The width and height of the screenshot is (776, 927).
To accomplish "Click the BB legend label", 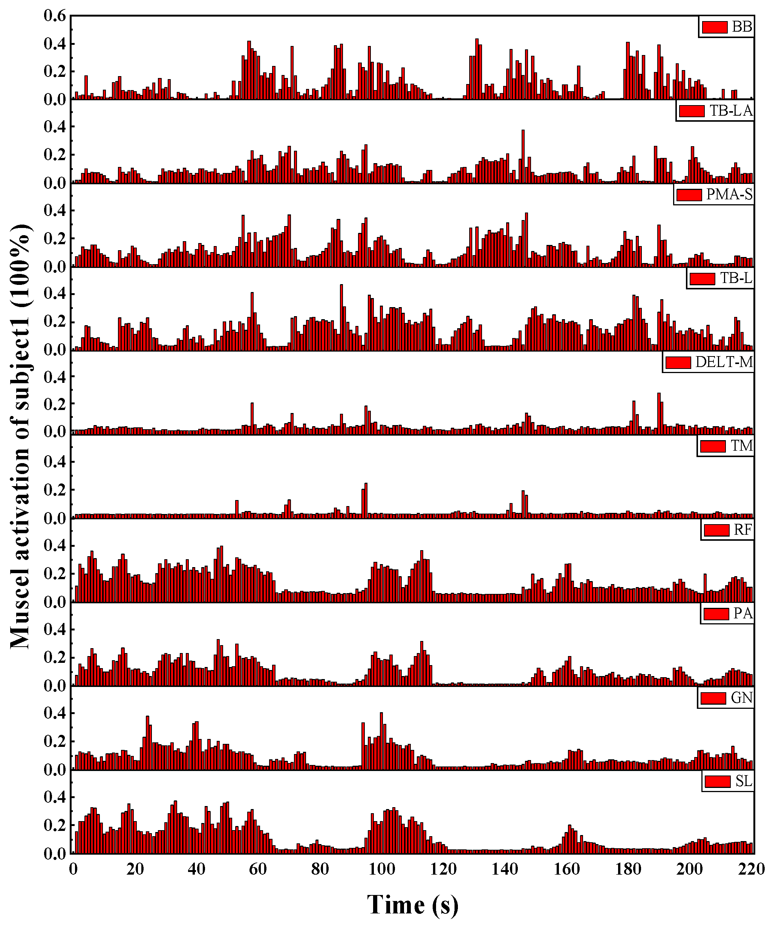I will point(742,27).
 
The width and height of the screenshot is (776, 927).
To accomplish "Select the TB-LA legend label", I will point(730,110).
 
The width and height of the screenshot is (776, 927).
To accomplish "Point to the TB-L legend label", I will point(736,278).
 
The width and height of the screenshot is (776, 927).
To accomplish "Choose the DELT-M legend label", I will point(724,362).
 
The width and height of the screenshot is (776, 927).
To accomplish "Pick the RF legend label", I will point(742,530).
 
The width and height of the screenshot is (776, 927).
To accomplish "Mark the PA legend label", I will point(742,613).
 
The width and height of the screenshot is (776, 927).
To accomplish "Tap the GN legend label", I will point(741,698).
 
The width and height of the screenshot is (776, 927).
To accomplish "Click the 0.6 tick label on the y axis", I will point(55,16).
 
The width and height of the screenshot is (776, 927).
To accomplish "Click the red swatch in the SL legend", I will point(717,782).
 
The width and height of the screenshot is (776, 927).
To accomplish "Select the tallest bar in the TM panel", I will point(366,500).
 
